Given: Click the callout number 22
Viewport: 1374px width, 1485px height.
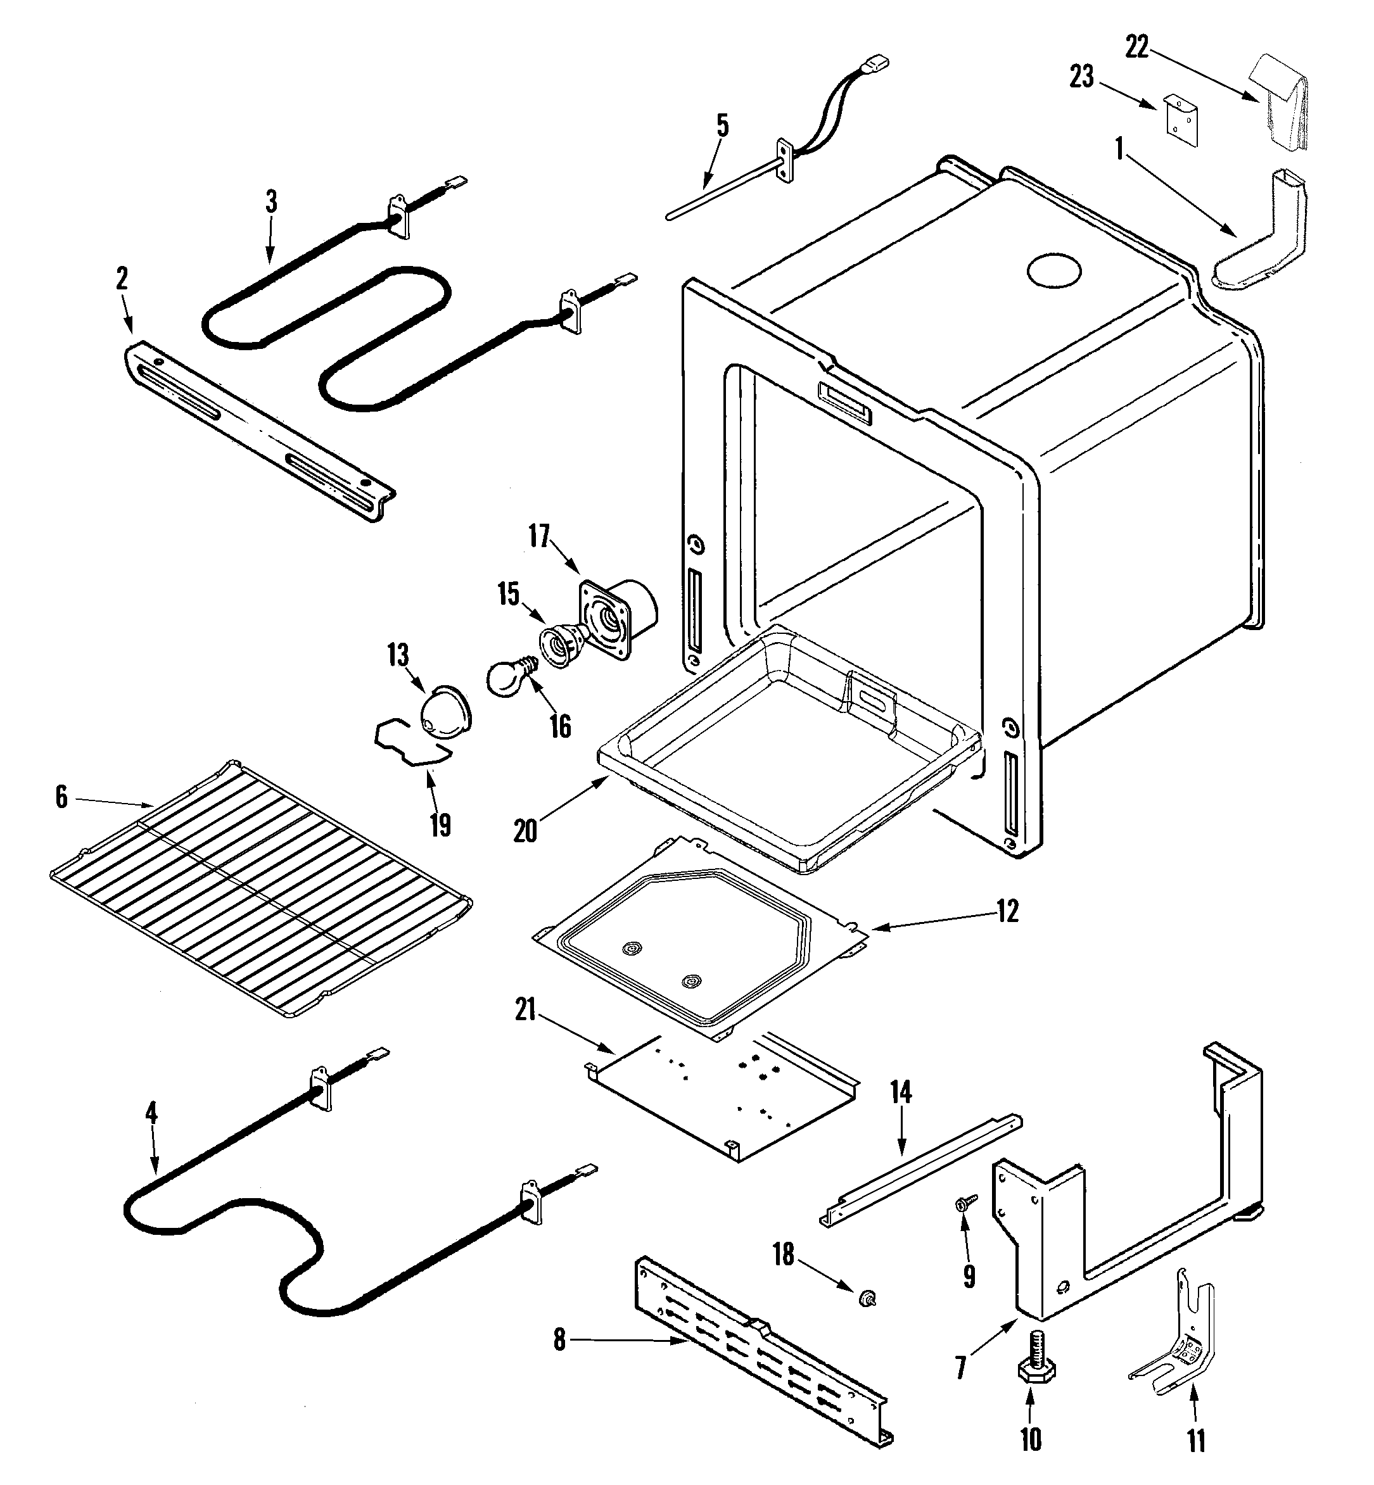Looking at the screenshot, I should click(x=1136, y=47).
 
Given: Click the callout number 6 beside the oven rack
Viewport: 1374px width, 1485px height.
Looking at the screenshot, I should click(x=61, y=797).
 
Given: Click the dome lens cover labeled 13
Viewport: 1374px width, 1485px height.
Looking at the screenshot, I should click(x=445, y=713).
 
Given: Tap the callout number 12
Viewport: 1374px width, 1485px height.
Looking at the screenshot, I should click(x=1007, y=911).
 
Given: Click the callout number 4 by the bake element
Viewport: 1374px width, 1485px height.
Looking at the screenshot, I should click(x=151, y=1113).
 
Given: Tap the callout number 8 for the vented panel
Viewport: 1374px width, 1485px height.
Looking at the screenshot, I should click(x=559, y=1340).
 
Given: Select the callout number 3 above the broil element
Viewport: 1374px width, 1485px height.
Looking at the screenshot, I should click(x=271, y=201).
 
